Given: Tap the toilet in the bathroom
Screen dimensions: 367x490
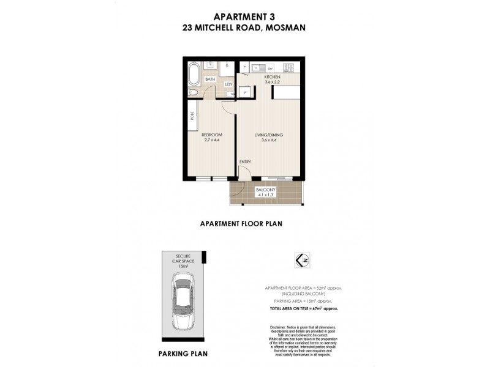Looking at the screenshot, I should (194, 92).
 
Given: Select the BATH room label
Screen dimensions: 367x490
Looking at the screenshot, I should (210, 80).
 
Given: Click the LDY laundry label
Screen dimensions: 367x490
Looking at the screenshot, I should (228, 84).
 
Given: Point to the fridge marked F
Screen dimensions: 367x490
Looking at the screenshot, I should (245, 66).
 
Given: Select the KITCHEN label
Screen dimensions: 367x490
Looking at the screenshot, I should (272, 78).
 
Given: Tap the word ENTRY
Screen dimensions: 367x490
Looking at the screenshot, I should (245, 161).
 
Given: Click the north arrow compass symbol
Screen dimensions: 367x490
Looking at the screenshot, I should (300, 260).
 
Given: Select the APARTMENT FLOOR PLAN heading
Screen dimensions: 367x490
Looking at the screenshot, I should (241, 224).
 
